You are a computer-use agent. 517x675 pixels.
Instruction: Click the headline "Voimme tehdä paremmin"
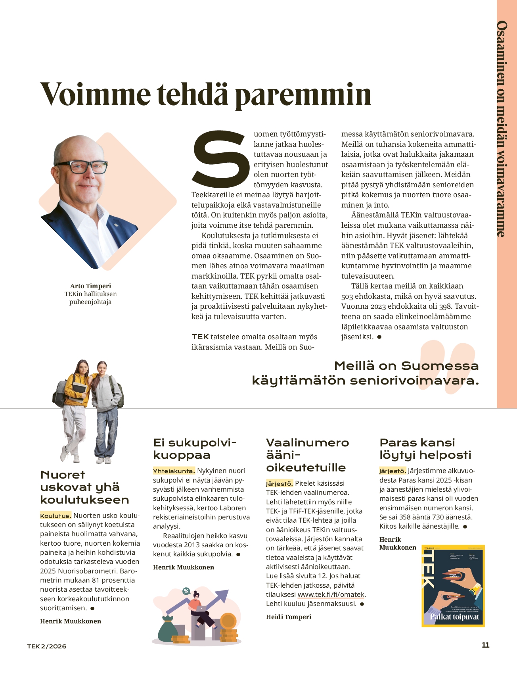point(205,94)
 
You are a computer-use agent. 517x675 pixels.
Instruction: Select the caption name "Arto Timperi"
point(90,286)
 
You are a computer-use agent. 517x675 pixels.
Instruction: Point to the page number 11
point(485,645)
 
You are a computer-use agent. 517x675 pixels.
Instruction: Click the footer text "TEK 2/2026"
point(47,646)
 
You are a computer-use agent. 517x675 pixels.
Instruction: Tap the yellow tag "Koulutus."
point(56,516)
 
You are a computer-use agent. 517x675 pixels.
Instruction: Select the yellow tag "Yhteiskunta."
point(174,471)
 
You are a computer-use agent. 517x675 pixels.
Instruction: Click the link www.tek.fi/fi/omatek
point(331,594)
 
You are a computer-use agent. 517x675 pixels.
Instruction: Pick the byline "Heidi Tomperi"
point(289,617)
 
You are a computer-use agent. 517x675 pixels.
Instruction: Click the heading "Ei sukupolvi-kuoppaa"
point(194,449)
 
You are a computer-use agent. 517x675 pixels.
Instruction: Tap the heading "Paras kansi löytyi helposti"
point(419,449)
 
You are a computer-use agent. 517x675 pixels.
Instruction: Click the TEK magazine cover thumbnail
point(453,586)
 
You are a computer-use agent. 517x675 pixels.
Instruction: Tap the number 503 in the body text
point(348,296)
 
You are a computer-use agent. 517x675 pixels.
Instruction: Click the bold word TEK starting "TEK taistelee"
point(200,337)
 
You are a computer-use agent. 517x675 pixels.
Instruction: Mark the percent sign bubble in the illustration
point(186,591)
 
